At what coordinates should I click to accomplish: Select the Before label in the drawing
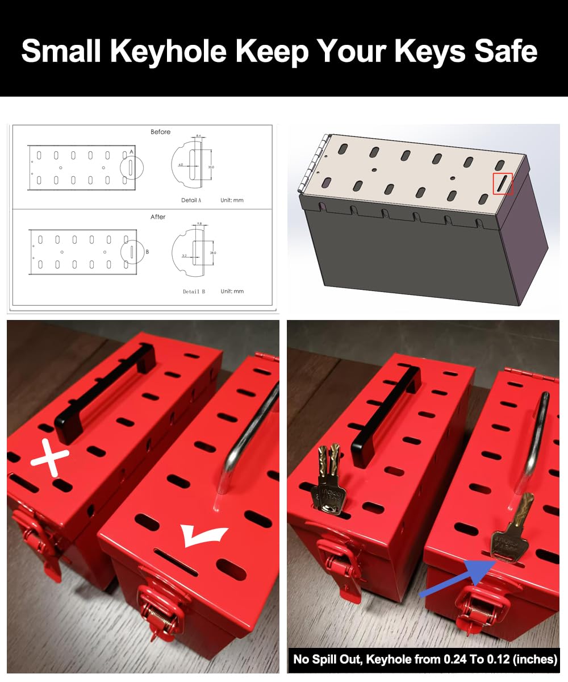pos(160,132)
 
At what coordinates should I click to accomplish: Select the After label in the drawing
pos(158,217)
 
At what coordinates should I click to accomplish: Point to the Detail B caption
pos(194,292)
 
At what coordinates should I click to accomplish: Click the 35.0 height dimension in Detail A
pos(211,167)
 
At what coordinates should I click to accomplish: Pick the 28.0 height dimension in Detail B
pos(212,252)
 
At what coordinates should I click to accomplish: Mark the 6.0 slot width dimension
pos(180,164)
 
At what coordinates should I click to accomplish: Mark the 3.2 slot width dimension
pos(185,256)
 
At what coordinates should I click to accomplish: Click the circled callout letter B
pos(147,251)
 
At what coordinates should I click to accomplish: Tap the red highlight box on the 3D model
pos(503,184)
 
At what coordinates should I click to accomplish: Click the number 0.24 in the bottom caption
pos(461,659)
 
